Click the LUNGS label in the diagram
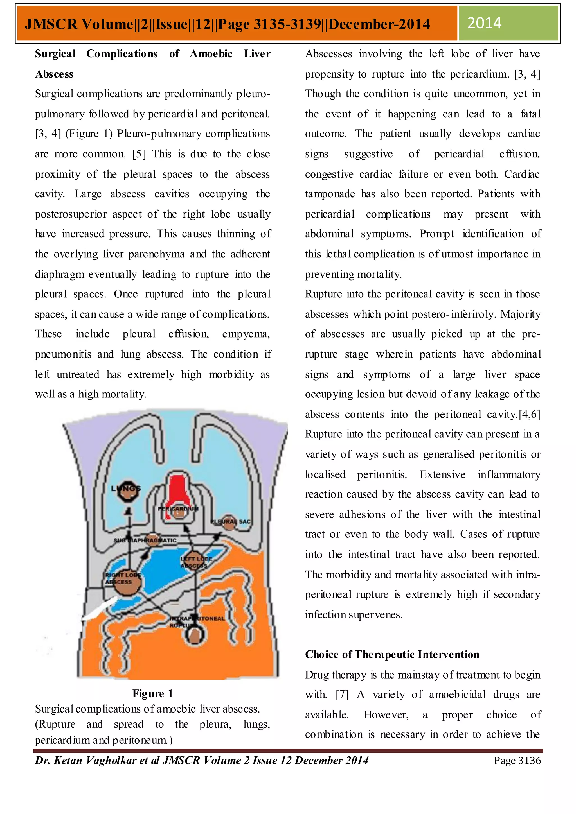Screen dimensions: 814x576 click(126, 489)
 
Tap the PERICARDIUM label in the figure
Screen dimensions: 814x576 click(178, 509)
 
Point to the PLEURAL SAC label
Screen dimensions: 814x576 click(231, 521)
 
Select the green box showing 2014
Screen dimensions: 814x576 click(508, 23)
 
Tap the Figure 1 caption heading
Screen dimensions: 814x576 click(152, 693)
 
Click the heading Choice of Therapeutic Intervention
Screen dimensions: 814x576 click(392, 654)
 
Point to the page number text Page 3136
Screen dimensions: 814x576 click(517, 761)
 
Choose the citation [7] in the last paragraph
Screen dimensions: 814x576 click(342, 695)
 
